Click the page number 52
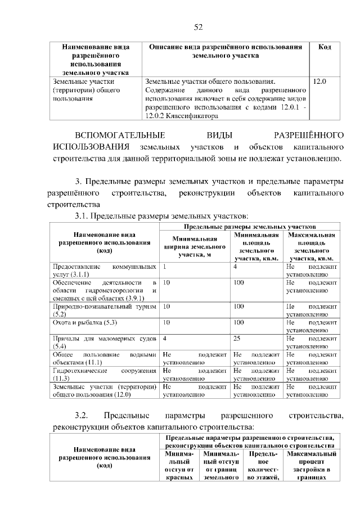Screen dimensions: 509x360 click(x=197, y=26)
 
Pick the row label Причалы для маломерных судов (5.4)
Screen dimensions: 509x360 click(x=103, y=343)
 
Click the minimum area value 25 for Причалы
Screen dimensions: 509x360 click(x=238, y=339)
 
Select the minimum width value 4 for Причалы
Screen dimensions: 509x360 click(x=164, y=339)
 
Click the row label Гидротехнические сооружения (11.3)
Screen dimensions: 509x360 click(x=103, y=375)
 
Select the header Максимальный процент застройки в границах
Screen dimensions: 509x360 click(x=311, y=465)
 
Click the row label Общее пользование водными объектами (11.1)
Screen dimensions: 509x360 click(x=103, y=359)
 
